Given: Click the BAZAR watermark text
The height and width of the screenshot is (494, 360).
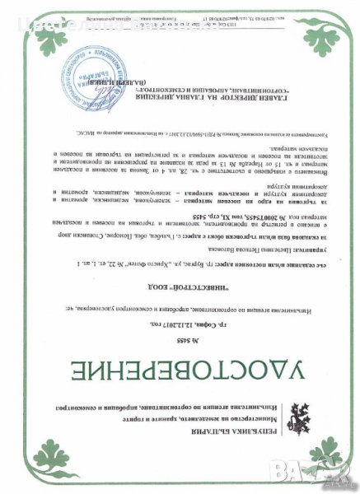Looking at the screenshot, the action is pos(325,473).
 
